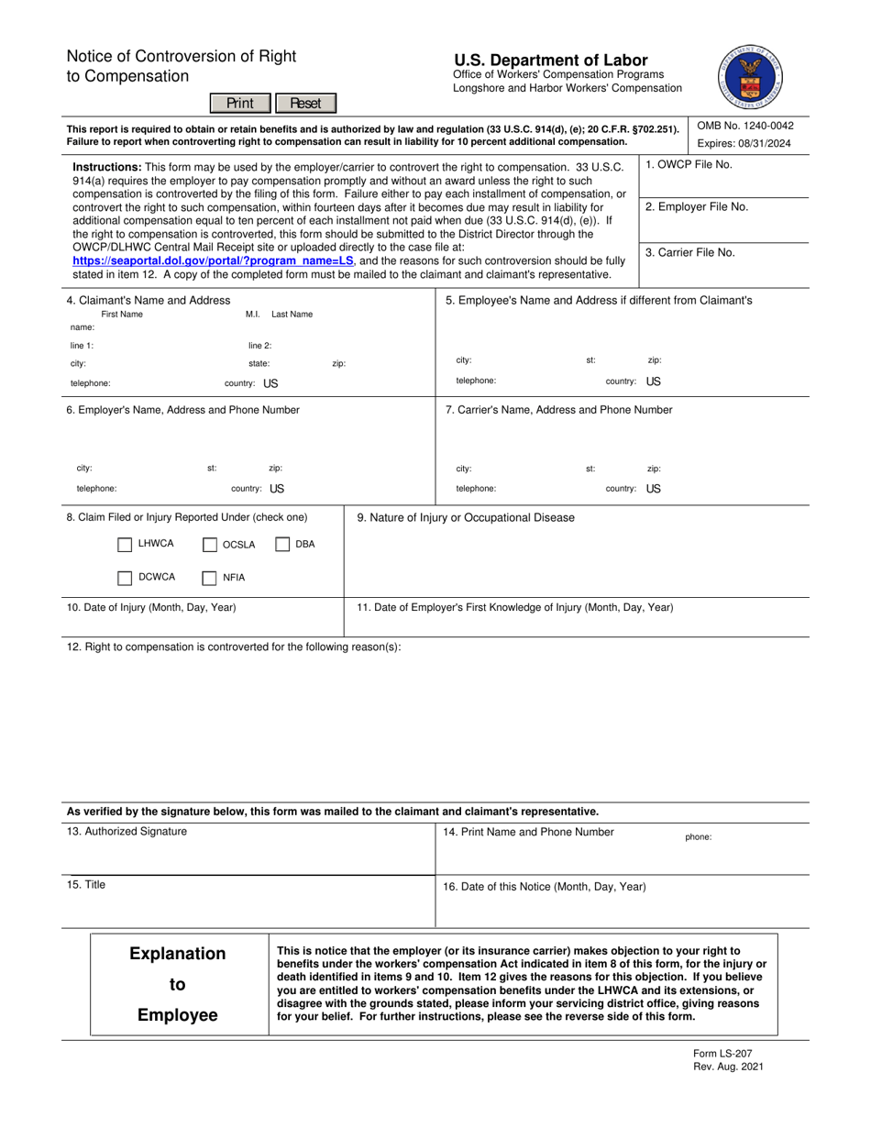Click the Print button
pos(240,103)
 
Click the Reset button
pos(305,103)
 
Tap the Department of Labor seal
pos(751,77)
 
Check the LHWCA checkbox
pos(125,545)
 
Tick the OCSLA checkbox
pos(210,545)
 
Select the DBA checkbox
pos(282,545)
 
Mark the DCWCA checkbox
pos(125,578)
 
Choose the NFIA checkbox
pos(210,578)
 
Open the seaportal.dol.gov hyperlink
pos(213,260)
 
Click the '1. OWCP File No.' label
pos(689,165)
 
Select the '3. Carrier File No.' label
pos(689,252)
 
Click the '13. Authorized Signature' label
pos(127,831)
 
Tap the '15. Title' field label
pos(86,884)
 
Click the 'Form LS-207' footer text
pos(722,1054)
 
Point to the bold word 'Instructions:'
pos(106,167)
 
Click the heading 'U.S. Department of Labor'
pos(550,60)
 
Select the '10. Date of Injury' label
pos(150,607)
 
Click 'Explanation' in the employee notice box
pos(178,954)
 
